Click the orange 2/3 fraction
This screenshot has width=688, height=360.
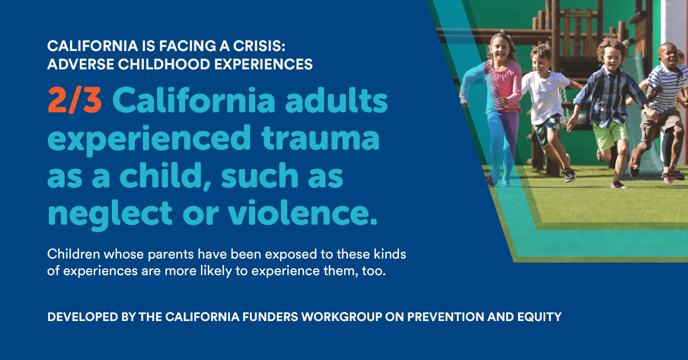coord(75,101)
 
